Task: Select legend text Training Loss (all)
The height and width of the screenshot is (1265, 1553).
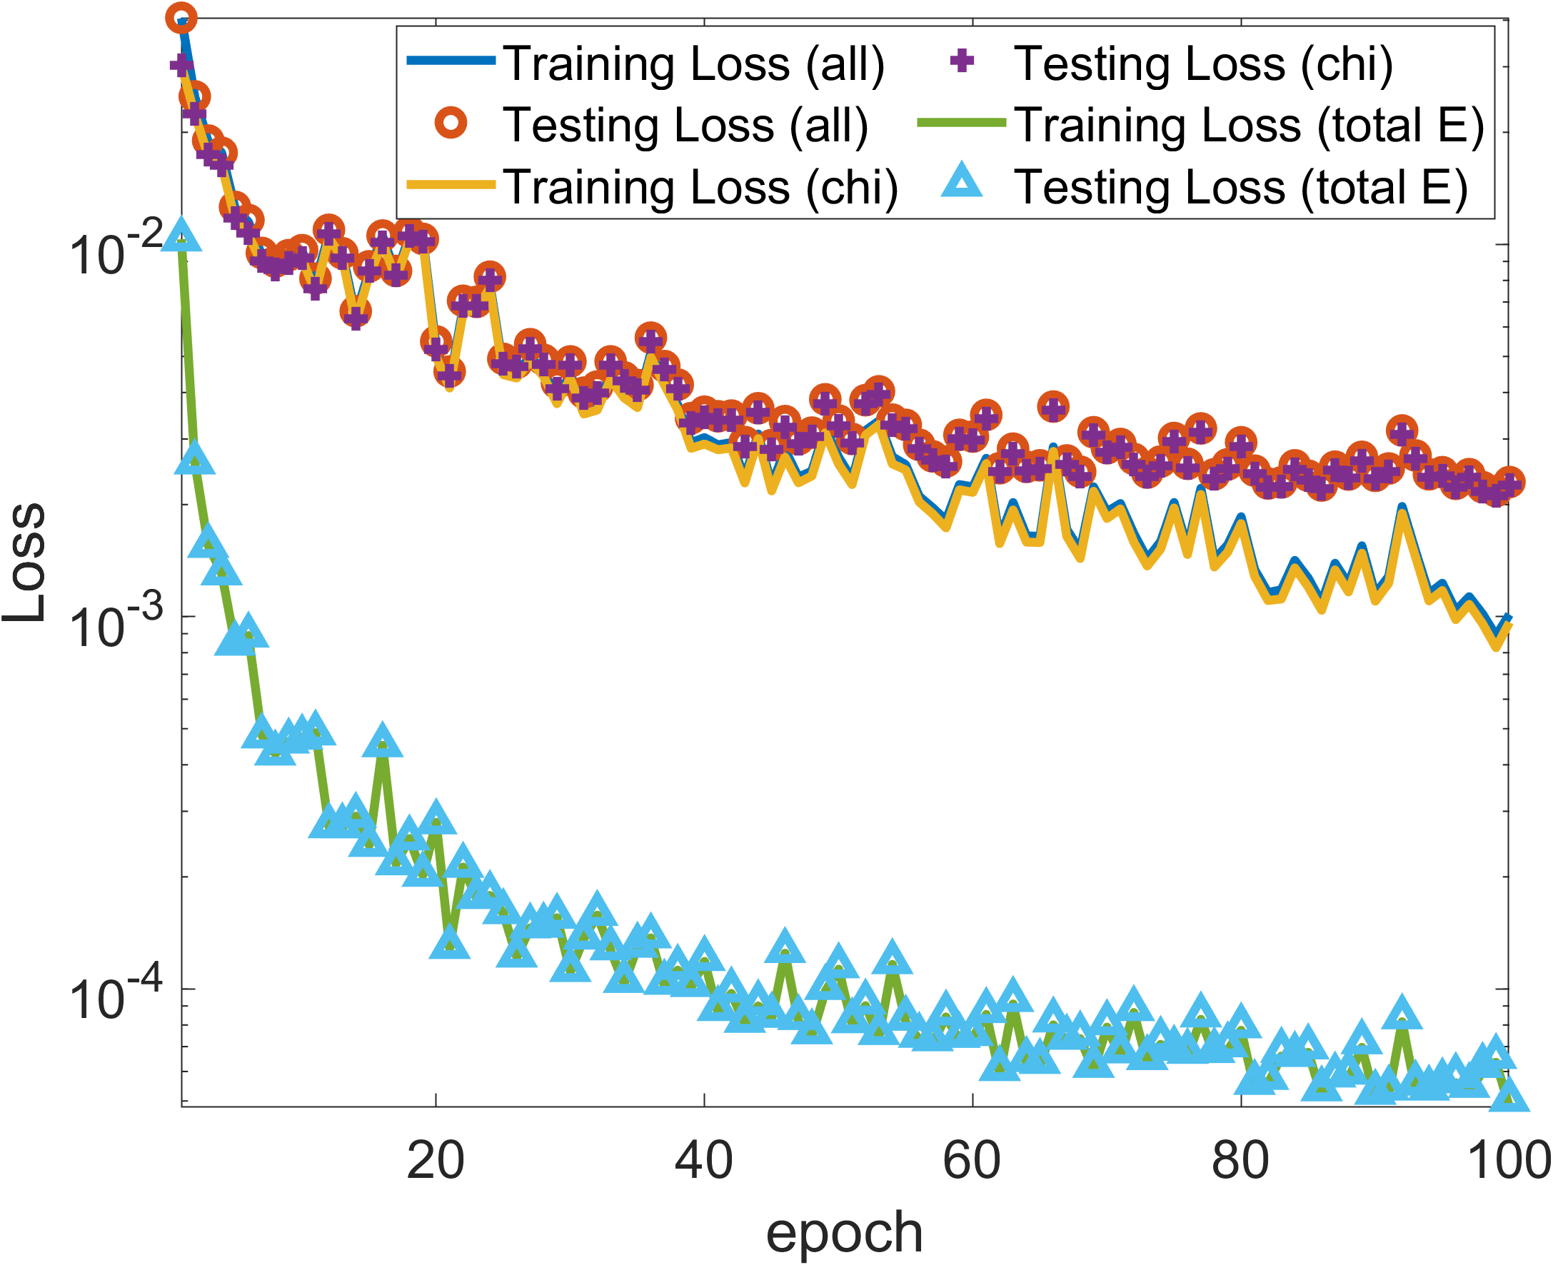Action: (693, 64)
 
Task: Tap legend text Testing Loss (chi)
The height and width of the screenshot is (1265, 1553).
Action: (1203, 64)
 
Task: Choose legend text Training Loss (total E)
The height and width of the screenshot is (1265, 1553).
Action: (1248, 125)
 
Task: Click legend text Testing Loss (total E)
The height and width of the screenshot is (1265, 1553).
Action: (1240, 186)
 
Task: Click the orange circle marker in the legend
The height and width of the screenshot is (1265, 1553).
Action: (451, 124)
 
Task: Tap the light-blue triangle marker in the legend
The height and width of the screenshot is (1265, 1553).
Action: (961, 182)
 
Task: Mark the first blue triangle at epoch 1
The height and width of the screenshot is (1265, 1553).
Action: (181, 235)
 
